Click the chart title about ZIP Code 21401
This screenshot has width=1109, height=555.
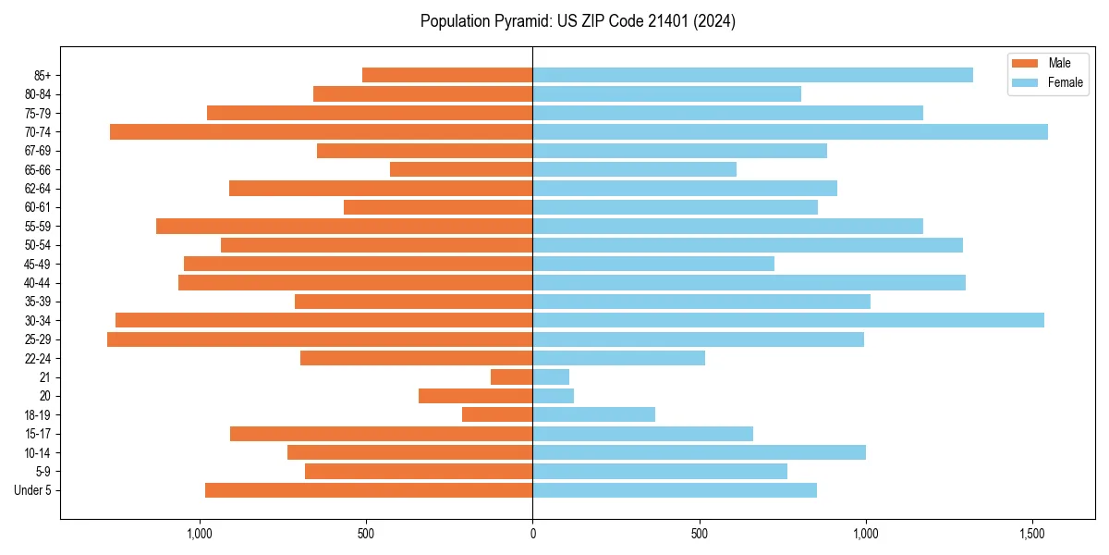(578, 21)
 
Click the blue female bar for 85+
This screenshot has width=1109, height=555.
(752, 75)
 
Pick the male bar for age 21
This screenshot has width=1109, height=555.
(511, 377)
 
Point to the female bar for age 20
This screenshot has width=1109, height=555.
(553, 396)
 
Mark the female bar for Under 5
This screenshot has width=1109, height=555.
(675, 490)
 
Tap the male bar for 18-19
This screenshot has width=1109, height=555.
(497, 415)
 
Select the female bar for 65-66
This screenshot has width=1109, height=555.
(634, 169)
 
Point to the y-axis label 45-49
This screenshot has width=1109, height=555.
(38, 264)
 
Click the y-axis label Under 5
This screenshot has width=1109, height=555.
(33, 490)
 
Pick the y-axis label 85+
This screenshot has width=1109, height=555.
(41, 75)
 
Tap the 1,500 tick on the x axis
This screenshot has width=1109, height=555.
(1033, 534)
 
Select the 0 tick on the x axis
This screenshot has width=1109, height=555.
(532, 534)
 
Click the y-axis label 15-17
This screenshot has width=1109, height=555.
(38, 434)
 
